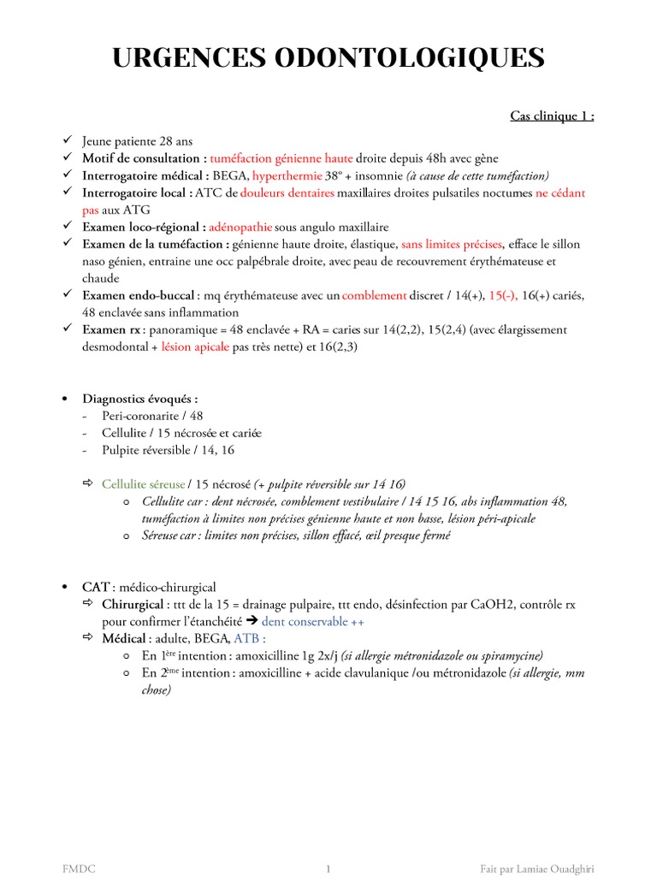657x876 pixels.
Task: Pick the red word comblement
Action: (374, 295)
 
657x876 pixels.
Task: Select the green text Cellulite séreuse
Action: (143, 484)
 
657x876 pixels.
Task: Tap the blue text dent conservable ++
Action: (312, 621)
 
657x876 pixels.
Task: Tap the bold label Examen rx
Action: (113, 329)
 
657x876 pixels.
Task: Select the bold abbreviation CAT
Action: (95, 587)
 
